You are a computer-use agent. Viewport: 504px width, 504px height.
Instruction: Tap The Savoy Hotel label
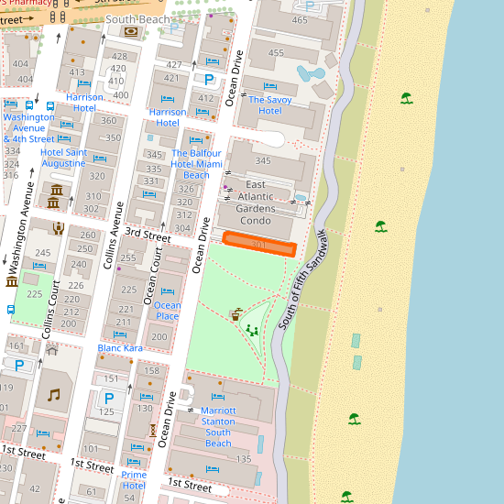click(x=269, y=104)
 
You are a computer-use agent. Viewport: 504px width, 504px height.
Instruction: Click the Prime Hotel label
click(x=134, y=480)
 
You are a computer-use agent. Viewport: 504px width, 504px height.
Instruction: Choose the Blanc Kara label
click(x=120, y=348)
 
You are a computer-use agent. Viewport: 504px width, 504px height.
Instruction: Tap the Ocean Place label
click(x=168, y=311)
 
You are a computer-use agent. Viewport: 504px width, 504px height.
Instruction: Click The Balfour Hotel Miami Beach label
click(x=197, y=164)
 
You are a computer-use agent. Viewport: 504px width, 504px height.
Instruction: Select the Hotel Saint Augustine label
click(x=63, y=158)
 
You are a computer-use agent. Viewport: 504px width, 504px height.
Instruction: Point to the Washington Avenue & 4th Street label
click(x=36, y=127)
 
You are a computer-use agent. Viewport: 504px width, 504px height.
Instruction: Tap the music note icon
click(x=53, y=395)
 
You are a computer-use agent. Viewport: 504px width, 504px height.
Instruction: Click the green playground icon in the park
click(x=251, y=330)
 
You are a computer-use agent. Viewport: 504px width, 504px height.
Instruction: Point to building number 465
click(x=300, y=20)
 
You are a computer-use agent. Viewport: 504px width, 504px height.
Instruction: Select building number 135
click(x=244, y=459)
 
